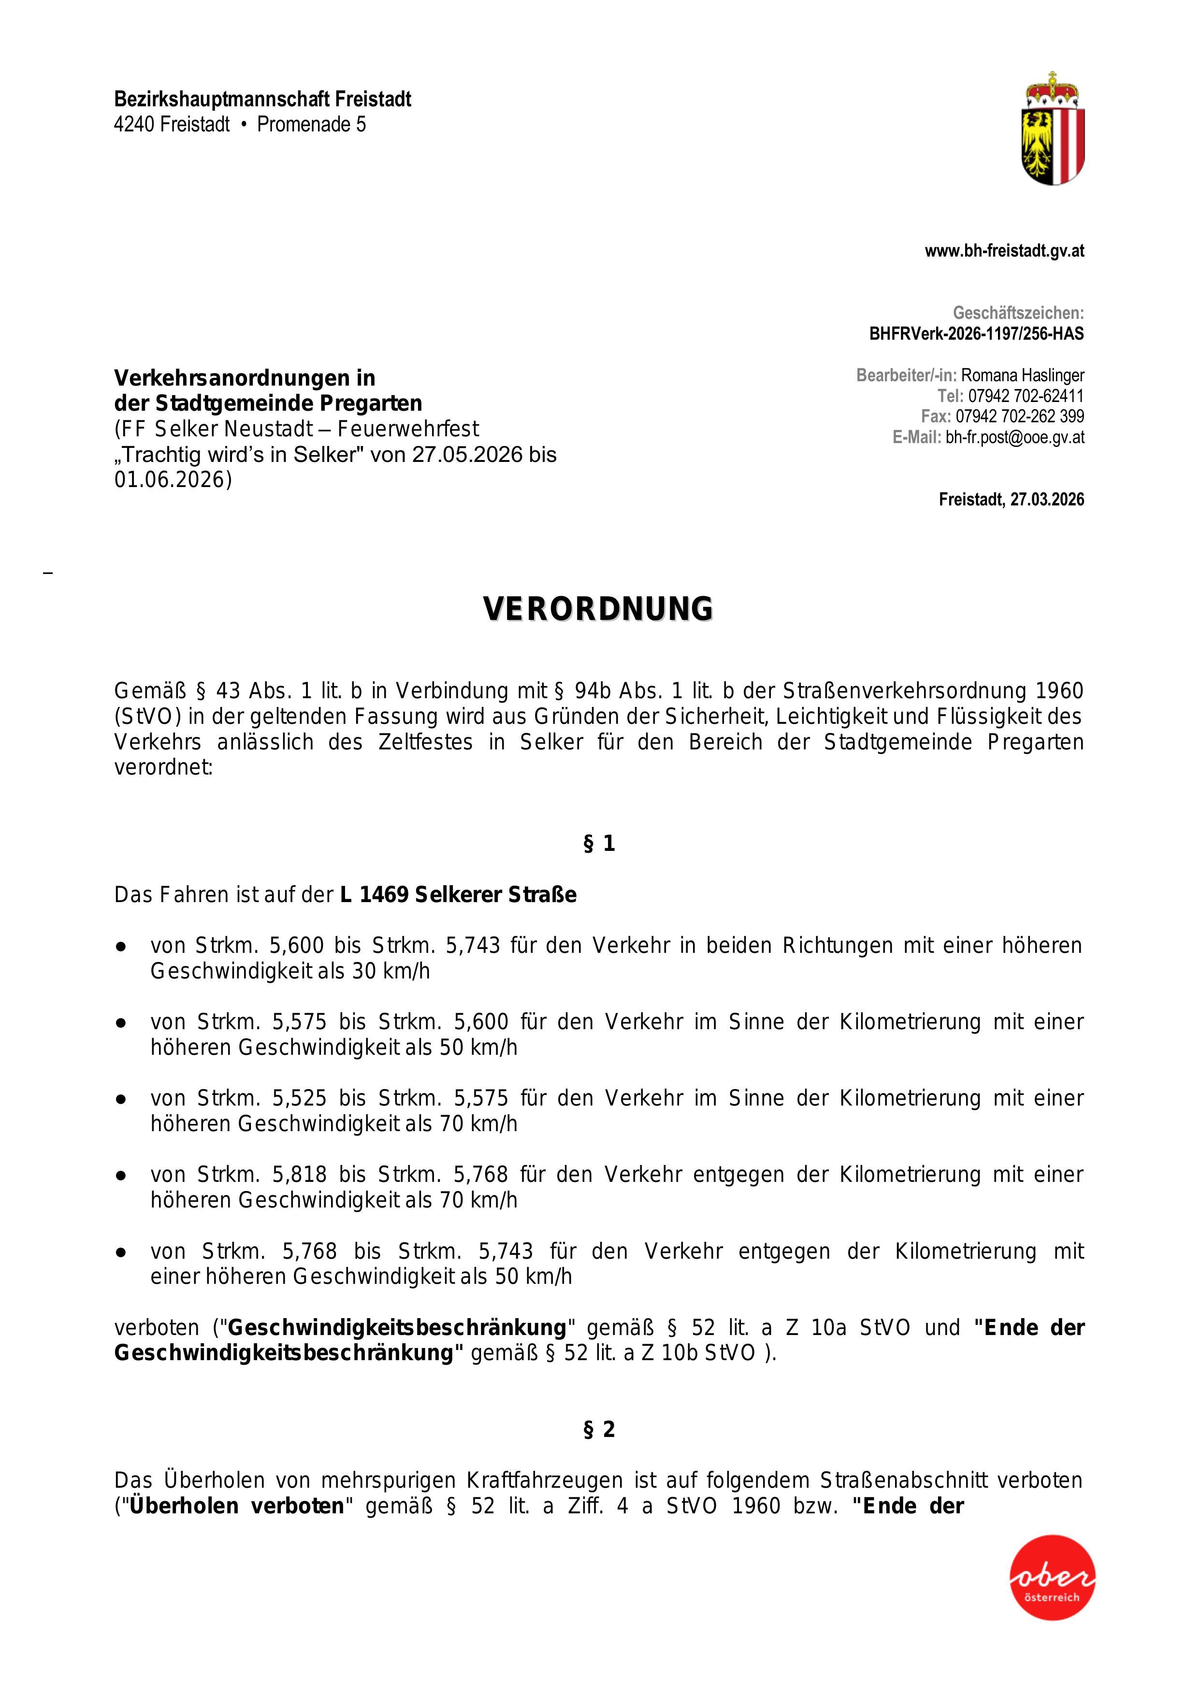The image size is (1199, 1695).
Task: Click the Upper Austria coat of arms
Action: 1053,129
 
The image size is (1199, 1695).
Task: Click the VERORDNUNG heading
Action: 599,608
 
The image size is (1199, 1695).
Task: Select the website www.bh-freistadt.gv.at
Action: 1004,251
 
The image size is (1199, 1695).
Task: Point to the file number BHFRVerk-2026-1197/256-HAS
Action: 976,334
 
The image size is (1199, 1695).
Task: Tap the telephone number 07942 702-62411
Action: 1026,396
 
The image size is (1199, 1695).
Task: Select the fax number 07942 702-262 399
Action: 1020,417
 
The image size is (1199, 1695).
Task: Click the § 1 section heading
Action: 599,844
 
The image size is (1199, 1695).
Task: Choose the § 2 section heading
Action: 599,1430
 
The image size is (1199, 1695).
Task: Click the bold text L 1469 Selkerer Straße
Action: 458,895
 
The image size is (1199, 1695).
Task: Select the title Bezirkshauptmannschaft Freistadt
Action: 262,99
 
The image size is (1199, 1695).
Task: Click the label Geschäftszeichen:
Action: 1018,313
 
